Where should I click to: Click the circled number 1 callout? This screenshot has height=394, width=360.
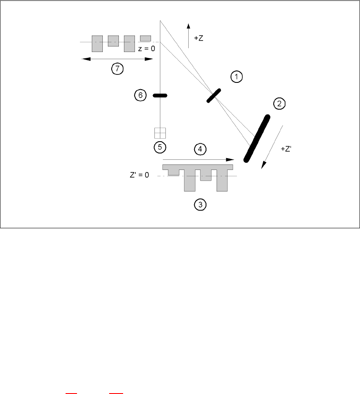[x=236, y=77]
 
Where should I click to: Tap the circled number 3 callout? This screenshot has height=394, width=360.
[x=200, y=205]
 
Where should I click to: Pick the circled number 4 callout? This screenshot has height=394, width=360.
[x=200, y=149]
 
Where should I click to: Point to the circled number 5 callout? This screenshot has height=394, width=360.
[x=160, y=147]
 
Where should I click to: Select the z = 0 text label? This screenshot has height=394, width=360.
[x=147, y=49]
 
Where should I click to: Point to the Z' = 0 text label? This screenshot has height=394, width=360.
[x=139, y=175]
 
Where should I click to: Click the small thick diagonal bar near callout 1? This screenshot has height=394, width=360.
[x=214, y=96]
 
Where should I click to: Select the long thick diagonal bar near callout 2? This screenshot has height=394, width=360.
[x=257, y=138]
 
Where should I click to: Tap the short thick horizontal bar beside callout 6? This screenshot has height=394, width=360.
[x=159, y=96]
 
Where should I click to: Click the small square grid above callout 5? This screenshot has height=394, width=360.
[x=160, y=133]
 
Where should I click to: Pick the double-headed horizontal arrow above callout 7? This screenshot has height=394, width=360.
[x=116, y=59]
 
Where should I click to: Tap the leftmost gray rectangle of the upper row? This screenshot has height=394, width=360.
[x=97, y=44]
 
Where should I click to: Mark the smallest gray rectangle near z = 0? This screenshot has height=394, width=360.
[x=146, y=38]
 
